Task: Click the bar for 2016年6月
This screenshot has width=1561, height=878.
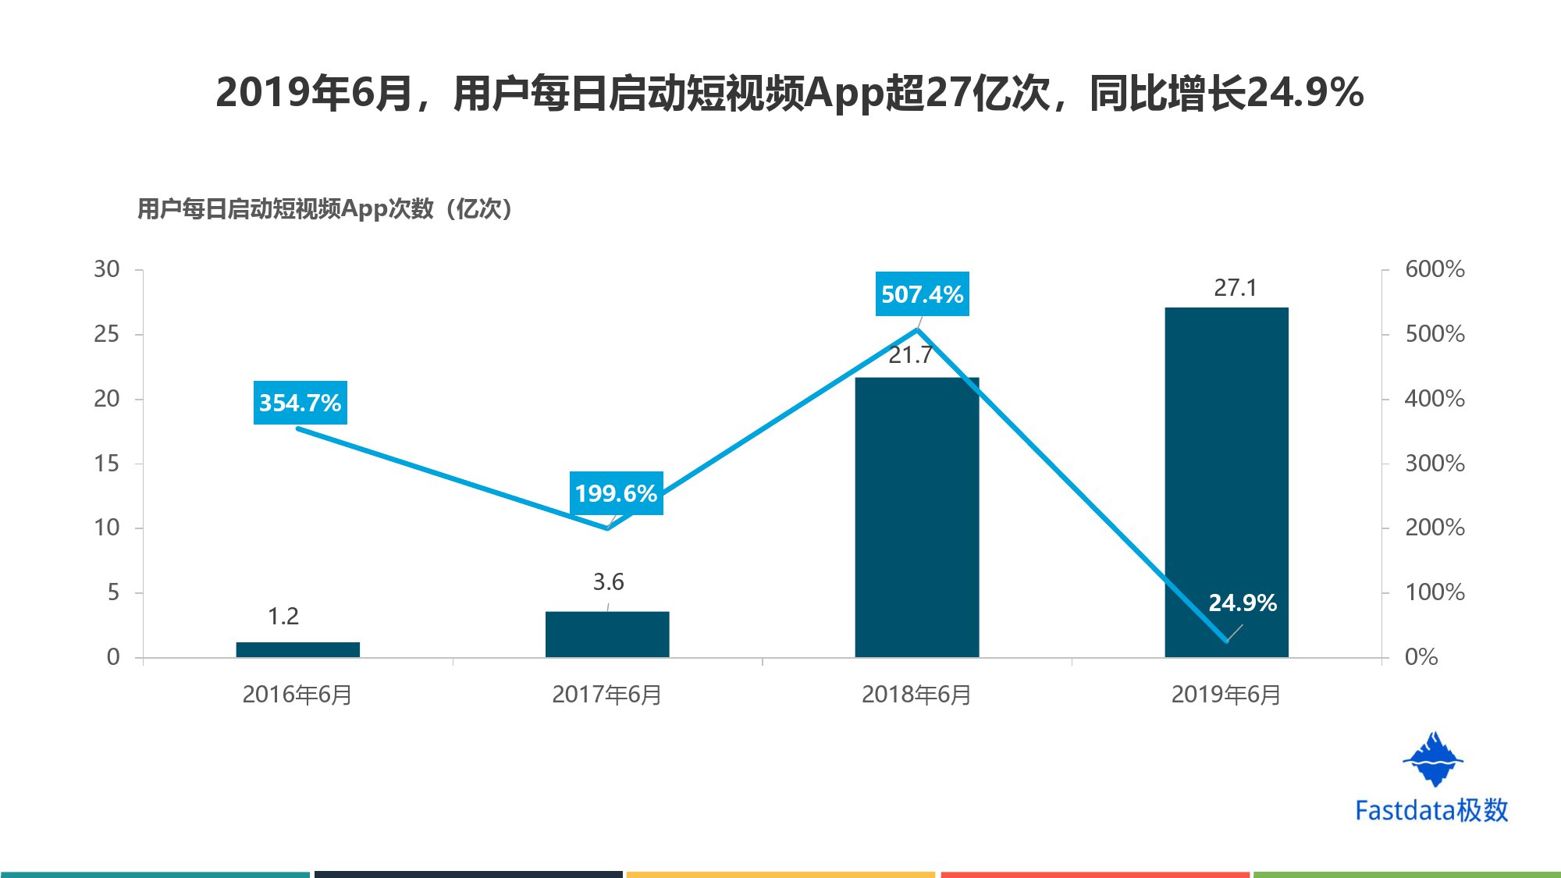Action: click(297, 649)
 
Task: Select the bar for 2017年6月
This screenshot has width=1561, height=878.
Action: click(607, 634)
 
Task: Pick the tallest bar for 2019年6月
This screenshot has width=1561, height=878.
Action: click(1226, 468)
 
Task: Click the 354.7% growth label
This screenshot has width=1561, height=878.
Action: click(300, 403)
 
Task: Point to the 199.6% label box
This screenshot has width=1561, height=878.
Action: click(616, 493)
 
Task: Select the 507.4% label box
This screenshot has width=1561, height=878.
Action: click(922, 294)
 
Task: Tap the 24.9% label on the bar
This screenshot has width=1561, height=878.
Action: click(1243, 603)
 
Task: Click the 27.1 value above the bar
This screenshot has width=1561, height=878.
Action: click(1235, 288)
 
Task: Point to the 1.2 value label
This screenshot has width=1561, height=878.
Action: click(283, 617)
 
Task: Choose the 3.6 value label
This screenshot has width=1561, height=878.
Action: click(608, 582)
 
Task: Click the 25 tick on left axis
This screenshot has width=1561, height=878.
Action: click(107, 334)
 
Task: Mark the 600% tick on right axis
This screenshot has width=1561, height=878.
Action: click(1435, 269)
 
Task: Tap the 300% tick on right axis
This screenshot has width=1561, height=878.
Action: click(1435, 464)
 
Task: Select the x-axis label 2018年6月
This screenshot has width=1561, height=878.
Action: click(916, 695)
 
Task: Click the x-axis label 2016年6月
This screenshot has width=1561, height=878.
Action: click(297, 695)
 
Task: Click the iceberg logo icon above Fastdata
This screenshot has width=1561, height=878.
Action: click(1433, 759)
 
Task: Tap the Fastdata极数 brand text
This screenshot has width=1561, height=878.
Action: click(1431, 810)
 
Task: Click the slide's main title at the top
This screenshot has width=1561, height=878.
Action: click(789, 93)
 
